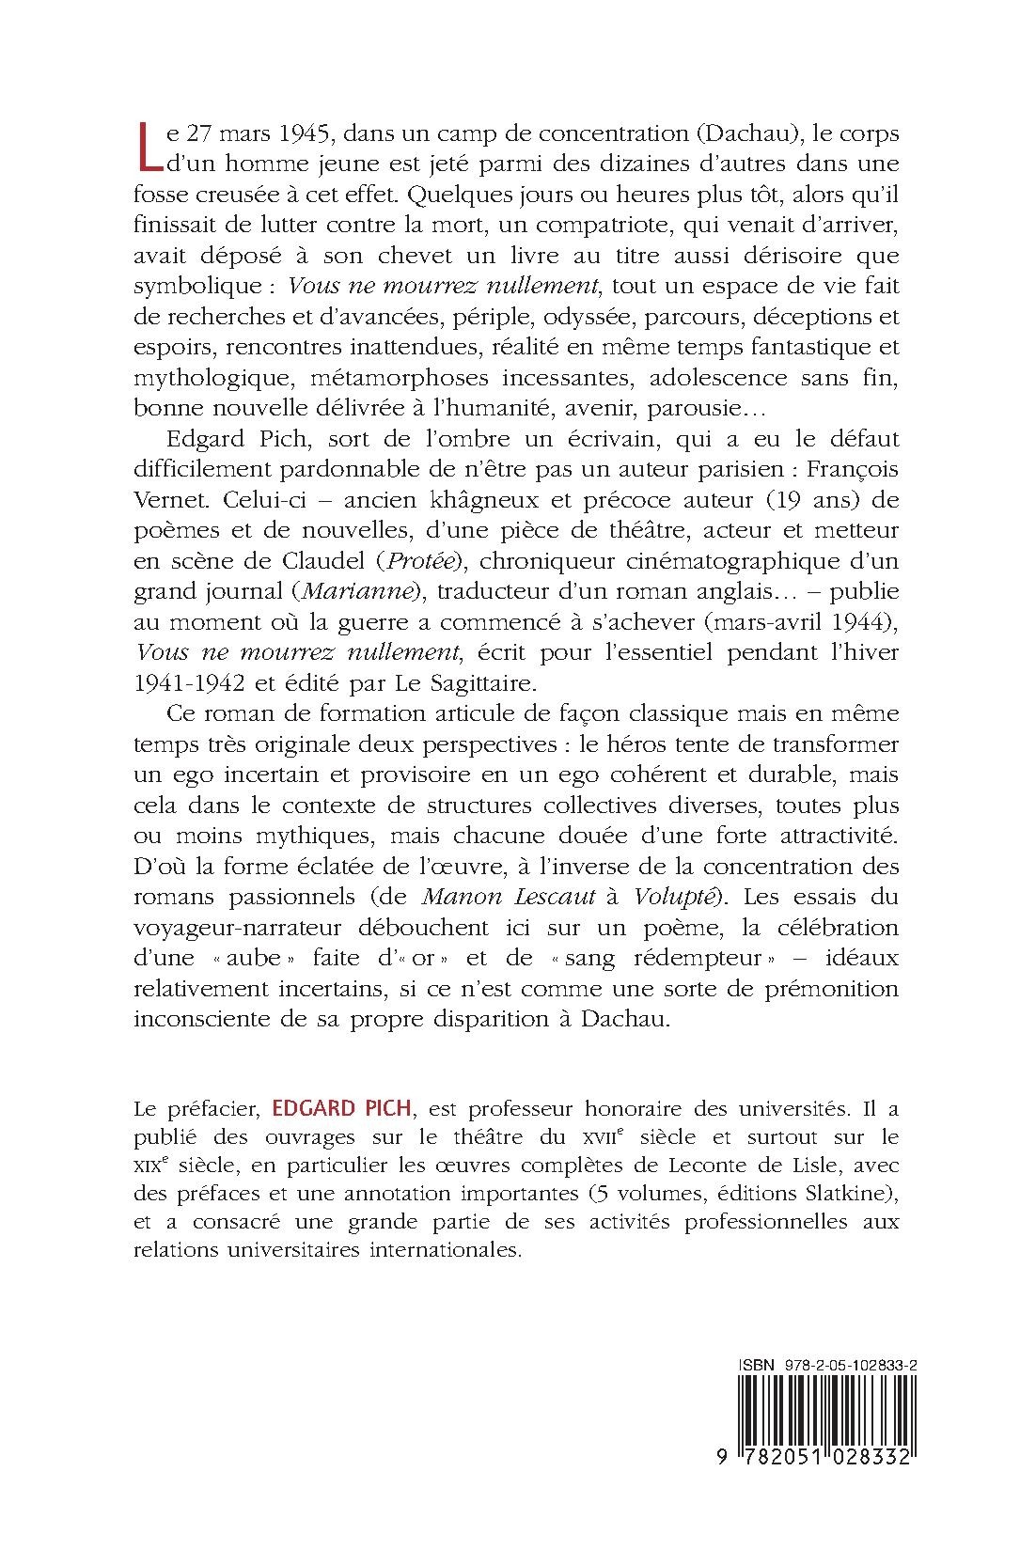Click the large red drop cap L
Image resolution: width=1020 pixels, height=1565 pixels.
coord(148,148)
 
